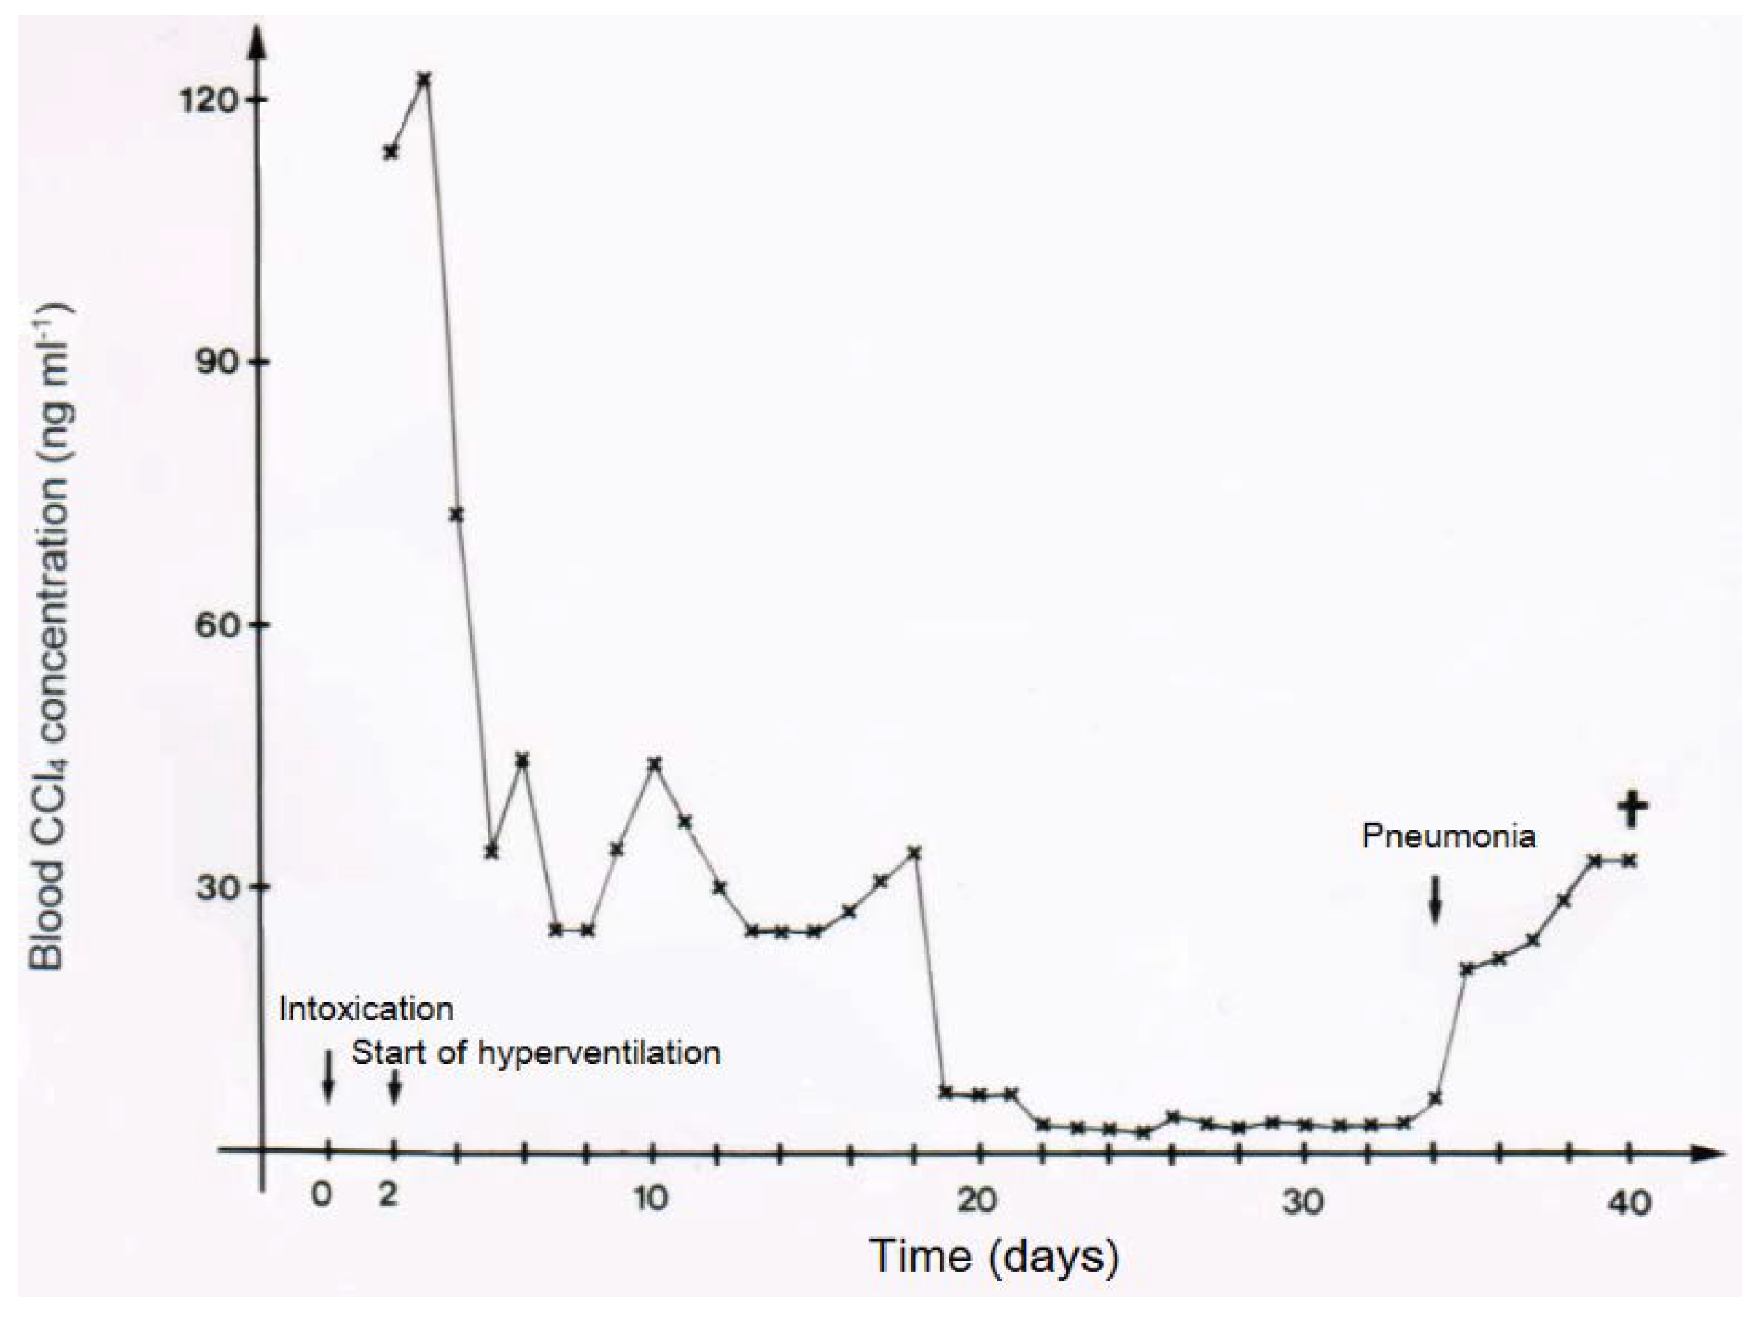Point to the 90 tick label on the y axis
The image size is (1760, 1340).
pyautogui.click(x=221, y=362)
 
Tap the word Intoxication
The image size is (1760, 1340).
pyautogui.click(x=366, y=1009)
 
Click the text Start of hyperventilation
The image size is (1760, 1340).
pyautogui.click(x=536, y=1053)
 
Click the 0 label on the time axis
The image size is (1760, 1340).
pyautogui.click(x=322, y=1196)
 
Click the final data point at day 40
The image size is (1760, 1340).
pyautogui.click(x=1629, y=860)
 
